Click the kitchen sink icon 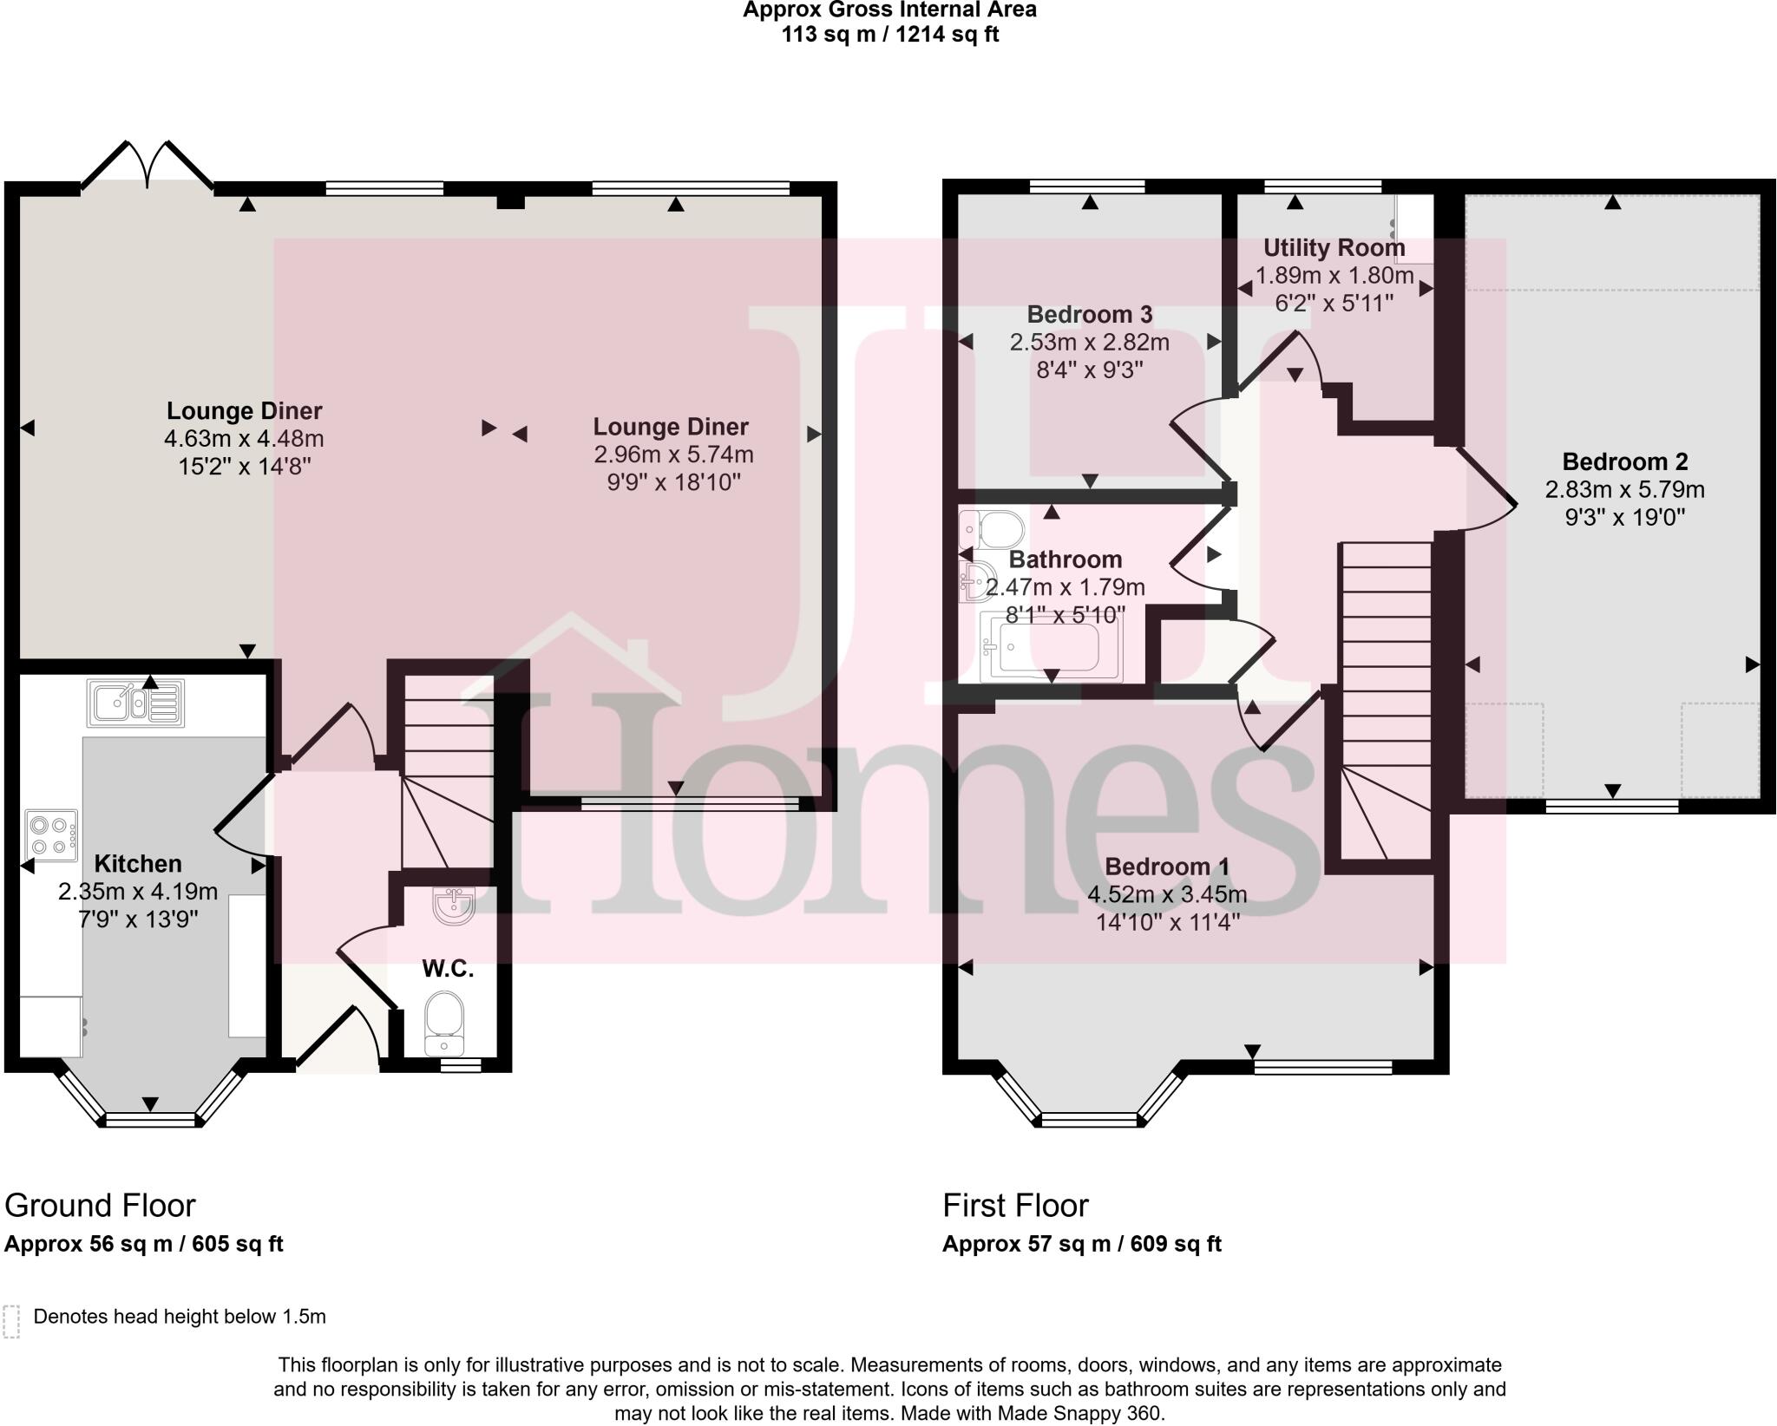point(135,703)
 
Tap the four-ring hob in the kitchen point(51,835)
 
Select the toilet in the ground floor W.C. point(445,1024)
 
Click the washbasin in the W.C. point(453,906)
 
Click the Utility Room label point(1334,248)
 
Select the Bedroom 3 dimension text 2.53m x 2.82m point(1089,343)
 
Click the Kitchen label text point(138,864)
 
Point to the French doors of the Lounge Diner point(148,165)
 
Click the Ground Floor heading point(100,1206)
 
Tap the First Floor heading point(1015,1206)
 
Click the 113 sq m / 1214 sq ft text point(890,35)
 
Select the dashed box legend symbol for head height point(11,1322)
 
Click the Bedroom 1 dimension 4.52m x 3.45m point(1167,894)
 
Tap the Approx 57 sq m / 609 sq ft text point(1081,1244)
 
